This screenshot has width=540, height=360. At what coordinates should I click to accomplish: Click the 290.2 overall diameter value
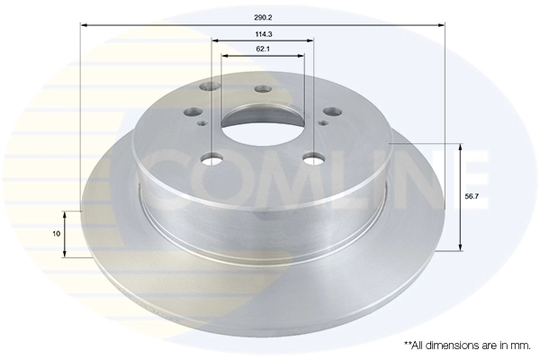(x=264, y=15)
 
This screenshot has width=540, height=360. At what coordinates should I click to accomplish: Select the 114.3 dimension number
(x=264, y=33)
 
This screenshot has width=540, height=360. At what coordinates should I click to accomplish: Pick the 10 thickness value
(x=56, y=234)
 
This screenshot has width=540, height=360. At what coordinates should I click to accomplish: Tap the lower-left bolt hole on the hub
(x=211, y=159)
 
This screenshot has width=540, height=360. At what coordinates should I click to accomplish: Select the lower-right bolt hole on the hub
(x=313, y=159)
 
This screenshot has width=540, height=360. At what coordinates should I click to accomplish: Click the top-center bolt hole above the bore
(x=263, y=89)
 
